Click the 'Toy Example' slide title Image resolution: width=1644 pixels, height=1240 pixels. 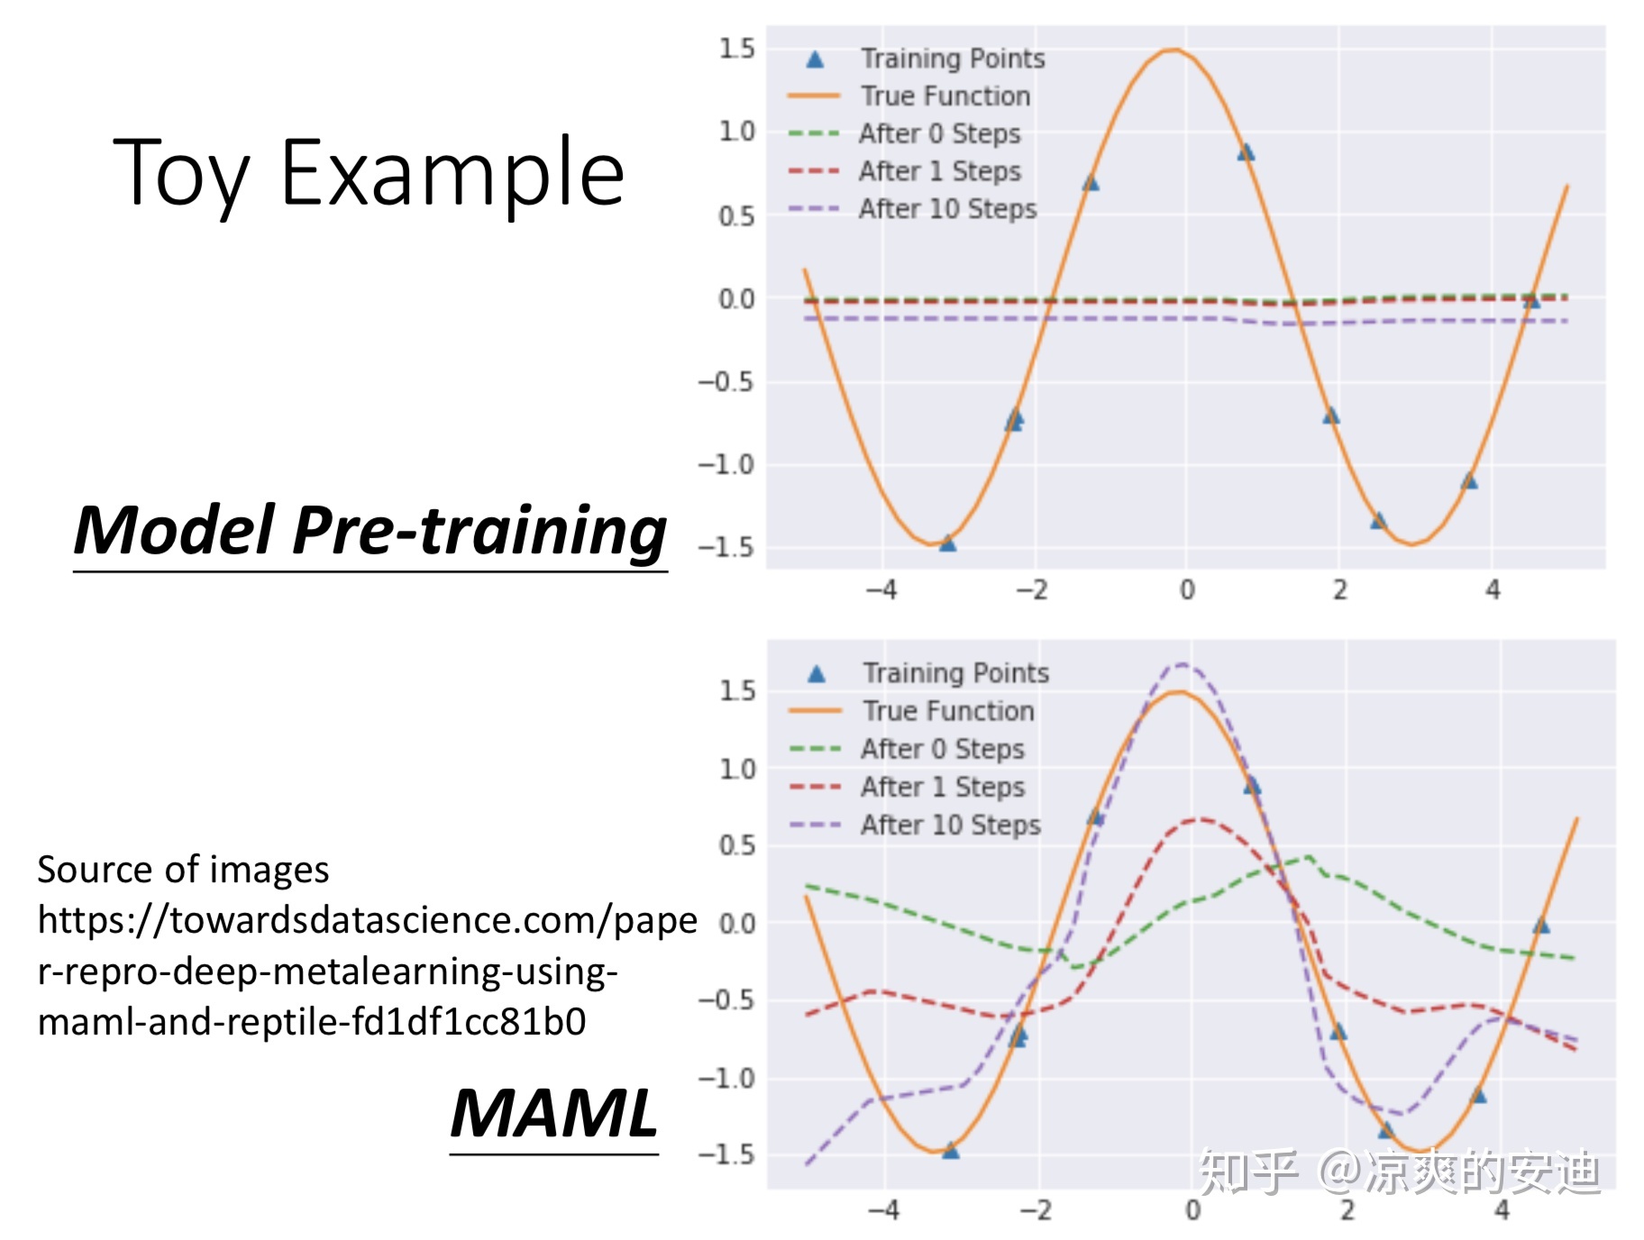(369, 173)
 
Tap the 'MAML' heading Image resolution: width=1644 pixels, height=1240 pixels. (553, 1114)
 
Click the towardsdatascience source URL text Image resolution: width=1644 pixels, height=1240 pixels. (361, 971)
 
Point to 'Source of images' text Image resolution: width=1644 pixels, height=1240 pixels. (183, 870)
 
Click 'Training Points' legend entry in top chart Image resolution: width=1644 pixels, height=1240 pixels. (952, 59)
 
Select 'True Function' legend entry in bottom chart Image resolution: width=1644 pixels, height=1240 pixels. (947, 711)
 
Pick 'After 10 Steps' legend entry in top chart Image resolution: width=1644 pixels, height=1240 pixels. (946, 209)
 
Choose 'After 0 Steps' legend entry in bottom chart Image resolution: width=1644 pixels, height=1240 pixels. (942, 749)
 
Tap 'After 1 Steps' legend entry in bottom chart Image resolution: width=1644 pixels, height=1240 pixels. (942, 787)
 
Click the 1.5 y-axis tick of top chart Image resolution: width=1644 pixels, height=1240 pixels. (736, 49)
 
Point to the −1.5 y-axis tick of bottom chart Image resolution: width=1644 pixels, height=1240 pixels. (726, 1154)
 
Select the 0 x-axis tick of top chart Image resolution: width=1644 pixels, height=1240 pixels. (1187, 590)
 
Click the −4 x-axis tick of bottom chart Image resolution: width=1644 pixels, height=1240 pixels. (883, 1210)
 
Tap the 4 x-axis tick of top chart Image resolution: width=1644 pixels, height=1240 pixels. (1493, 590)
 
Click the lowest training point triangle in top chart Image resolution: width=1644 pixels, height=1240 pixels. (947, 543)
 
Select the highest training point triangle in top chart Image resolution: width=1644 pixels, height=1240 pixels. (1246, 152)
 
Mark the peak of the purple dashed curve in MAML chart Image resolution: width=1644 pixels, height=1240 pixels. (1182, 664)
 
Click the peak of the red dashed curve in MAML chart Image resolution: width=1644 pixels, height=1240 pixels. (1199, 819)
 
